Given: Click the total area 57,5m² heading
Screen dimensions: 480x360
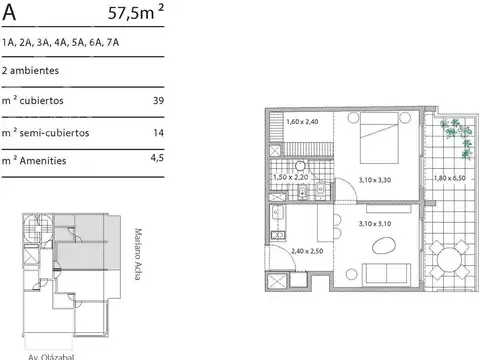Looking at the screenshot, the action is (x=136, y=12).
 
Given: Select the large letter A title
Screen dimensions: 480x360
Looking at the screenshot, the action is (x=9, y=13).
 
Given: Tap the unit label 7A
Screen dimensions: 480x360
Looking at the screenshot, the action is (x=113, y=43).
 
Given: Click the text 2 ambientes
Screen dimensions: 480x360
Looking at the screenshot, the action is (x=30, y=71).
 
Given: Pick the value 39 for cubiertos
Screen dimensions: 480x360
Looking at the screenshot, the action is (x=158, y=100).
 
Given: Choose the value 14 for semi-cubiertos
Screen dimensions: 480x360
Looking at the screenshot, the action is (x=159, y=133).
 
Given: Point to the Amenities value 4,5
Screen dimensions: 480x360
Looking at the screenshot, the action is (x=157, y=158).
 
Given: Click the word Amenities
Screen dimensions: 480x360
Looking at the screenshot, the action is (x=43, y=161).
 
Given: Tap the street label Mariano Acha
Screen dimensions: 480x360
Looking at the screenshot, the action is (x=138, y=254).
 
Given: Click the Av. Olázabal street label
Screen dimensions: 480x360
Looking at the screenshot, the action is (x=51, y=357).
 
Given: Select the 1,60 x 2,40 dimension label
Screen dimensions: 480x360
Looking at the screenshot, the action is (x=302, y=122).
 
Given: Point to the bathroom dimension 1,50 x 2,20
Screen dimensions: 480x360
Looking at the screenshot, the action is (x=291, y=177).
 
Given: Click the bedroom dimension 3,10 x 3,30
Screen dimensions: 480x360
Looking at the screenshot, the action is (x=375, y=180).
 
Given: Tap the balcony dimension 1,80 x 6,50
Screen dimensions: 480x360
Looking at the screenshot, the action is (x=450, y=178).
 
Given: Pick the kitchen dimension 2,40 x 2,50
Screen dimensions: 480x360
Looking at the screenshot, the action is (x=307, y=251).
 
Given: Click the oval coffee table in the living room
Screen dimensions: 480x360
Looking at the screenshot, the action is (x=384, y=247).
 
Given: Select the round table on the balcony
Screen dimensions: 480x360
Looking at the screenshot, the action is (x=450, y=260).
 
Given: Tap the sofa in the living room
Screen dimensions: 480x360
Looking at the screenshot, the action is (x=387, y=274).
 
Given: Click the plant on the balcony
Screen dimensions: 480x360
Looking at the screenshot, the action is (x=457, y=138).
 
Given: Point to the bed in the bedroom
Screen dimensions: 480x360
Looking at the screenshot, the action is (x=379, y=138).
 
